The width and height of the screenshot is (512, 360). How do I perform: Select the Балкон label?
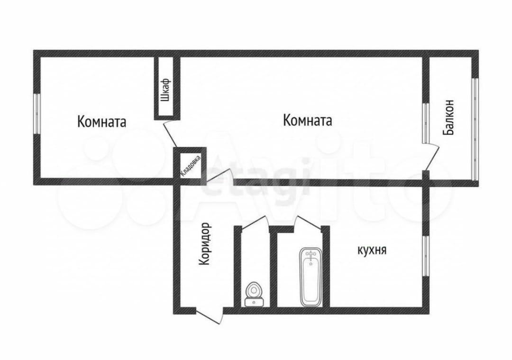[448, 117]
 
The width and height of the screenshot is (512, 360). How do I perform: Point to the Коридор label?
[204, 244]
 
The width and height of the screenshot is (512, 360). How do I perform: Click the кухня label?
[372, 250]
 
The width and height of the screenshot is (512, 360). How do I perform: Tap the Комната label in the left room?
[102, 122]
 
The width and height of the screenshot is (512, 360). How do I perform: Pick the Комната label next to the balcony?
[308, 120]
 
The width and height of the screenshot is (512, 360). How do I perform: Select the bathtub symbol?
[311, 277]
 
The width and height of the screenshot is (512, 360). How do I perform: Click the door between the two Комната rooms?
[171, 133]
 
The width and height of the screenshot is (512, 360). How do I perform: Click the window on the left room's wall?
[37, 114]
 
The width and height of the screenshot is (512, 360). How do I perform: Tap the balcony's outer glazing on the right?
[475, 129]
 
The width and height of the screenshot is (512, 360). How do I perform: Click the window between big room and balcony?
[425, 123]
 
